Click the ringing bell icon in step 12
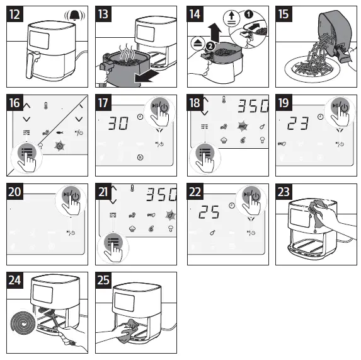pyautogui.click(x=74, y=15)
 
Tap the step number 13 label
pyautogui.click(x=103, y=14)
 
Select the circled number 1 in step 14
pyautogui.click(x=248, y=15)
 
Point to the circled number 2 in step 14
pyautogui.click(x=210, y=46)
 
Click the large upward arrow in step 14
pyautogui.click(x=215, y=32)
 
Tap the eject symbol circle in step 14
pyautogui.click(x=198, y=43)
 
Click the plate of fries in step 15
pyautogui.click(x=312, y=69)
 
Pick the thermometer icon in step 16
pyautogui.click(x=46, y=106)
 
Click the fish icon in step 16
pyautogui.click(x=60, y=132)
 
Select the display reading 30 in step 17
pyautogui.click(x=118, y=123)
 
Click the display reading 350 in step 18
pyautogui.click(x=253, y=106)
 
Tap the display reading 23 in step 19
pyautogui.click(x=298, y=123)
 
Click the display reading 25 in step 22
pyautogui.click(x=209, y=212)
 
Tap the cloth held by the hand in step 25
pyautogui.click(x=129, y=331)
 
